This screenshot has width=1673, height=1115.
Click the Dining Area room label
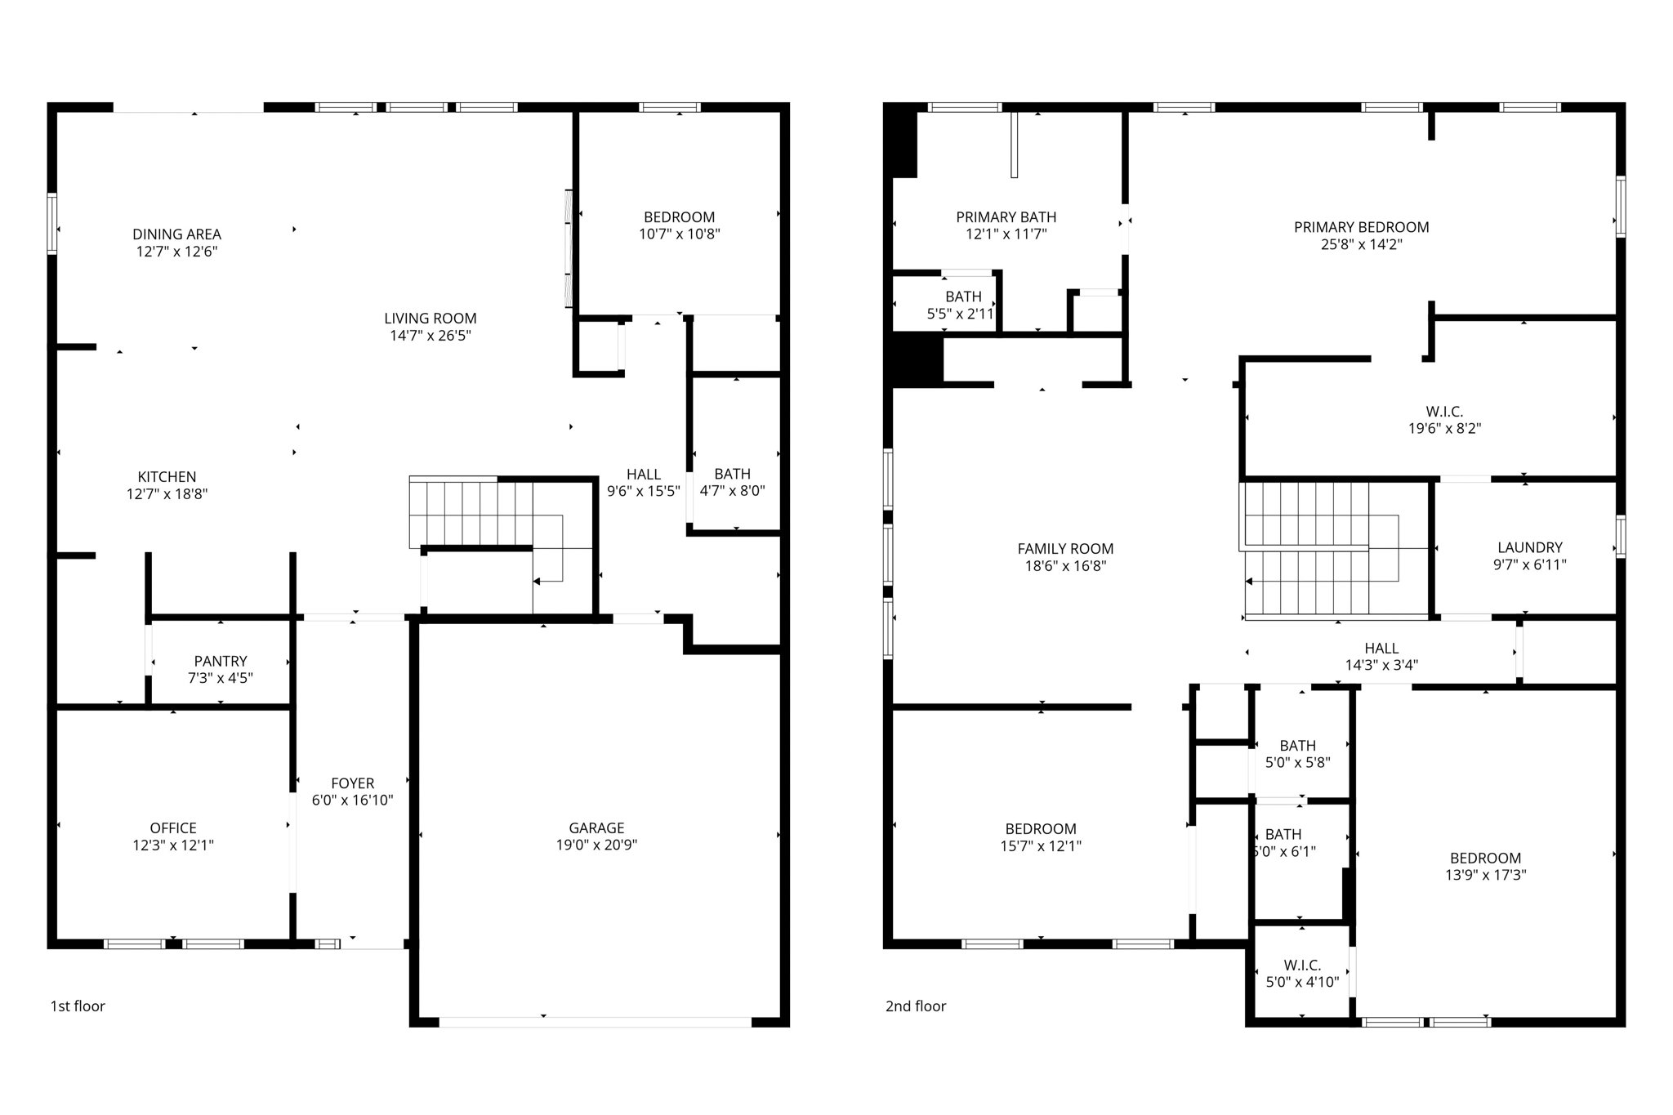click(176, 234)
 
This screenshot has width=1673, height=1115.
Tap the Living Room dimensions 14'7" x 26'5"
click(431, 336)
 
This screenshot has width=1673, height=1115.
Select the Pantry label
click(221, 661)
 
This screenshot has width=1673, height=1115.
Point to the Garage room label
click(596, 827)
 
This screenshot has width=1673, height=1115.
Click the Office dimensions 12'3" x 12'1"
click(173, 845)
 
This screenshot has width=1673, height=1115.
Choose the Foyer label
click(352, 783)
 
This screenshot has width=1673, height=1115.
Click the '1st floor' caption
click(78, 1006)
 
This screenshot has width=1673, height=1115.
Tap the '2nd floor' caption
click(915, 1006)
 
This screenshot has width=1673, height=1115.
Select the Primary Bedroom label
click(1361, 227)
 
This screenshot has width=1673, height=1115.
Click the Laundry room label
click(1529, 547)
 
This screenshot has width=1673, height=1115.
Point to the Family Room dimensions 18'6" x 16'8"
click(1065, 566)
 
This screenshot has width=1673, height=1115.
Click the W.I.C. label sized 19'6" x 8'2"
click(1444, 412)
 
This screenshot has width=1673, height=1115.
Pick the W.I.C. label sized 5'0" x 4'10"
click(1302, 965)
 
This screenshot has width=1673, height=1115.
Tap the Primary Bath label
click(1006, 217)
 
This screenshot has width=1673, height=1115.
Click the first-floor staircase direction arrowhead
click(537, 582)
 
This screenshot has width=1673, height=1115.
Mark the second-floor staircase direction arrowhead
click(1249, 582)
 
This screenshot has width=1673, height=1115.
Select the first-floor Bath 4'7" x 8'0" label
click(732, 474)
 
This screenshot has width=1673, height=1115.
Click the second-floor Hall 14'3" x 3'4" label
click(1381, 649)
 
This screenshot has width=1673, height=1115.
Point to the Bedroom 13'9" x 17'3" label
click(1485, 858)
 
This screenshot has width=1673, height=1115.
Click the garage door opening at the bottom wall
click(595, 1022)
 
